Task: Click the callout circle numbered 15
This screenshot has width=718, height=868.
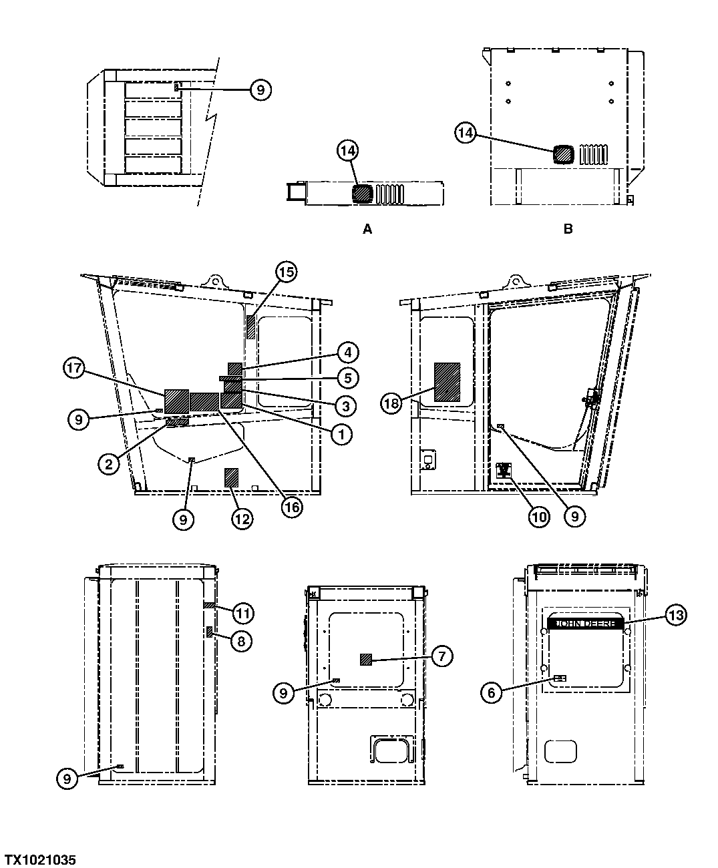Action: coord(286,272)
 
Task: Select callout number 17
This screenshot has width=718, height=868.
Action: coord(75,368)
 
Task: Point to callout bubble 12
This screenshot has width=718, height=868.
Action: coord(242,517)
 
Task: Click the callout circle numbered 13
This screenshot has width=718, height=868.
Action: coord(675,615)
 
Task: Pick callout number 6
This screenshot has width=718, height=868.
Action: coord(492,692)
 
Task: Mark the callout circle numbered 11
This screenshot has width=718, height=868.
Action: coord(243,612)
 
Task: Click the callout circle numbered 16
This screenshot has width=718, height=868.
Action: coord(291,507)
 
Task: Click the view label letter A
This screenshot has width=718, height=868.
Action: coord(367,229)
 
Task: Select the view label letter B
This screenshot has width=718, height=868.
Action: coord(568,229)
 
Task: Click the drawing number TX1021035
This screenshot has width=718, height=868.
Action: coord(41,859)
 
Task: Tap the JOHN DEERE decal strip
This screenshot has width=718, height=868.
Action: coord(585,623)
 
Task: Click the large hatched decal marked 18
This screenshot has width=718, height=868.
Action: coord(447,382)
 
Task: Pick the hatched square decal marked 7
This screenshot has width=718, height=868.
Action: coord(366,660)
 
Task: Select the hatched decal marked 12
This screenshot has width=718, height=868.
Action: coord(231,477)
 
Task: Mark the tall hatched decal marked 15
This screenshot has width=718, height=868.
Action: coord(251,327)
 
